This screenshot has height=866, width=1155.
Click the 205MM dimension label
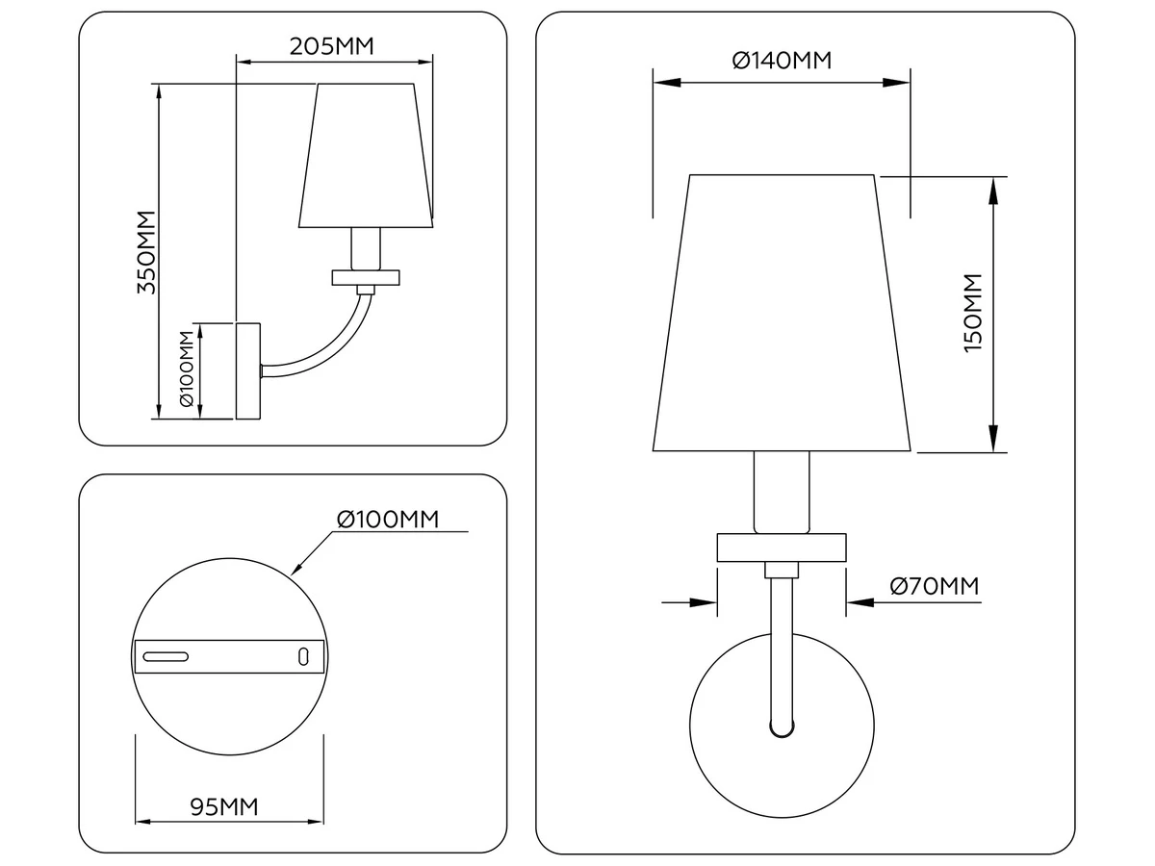331,46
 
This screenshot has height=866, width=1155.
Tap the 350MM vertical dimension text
147,252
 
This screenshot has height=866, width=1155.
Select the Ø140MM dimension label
782,61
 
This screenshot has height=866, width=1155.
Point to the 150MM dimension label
973,313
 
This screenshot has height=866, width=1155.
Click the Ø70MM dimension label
935,586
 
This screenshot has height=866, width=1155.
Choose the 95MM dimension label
224,806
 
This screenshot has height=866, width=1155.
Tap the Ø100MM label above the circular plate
388,520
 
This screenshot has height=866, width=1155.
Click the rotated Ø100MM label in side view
187,369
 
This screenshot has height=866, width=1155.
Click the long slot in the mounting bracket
166,657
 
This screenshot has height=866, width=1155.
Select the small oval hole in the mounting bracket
303,657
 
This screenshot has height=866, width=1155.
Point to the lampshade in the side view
366,156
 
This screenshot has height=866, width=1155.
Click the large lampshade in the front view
782,313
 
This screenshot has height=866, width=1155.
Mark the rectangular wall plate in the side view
247,371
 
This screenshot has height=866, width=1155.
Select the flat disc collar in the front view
782,548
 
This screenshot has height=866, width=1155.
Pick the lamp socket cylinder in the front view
782,492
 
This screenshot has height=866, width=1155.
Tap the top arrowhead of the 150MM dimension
993,190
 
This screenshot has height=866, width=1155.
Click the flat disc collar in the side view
366,278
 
